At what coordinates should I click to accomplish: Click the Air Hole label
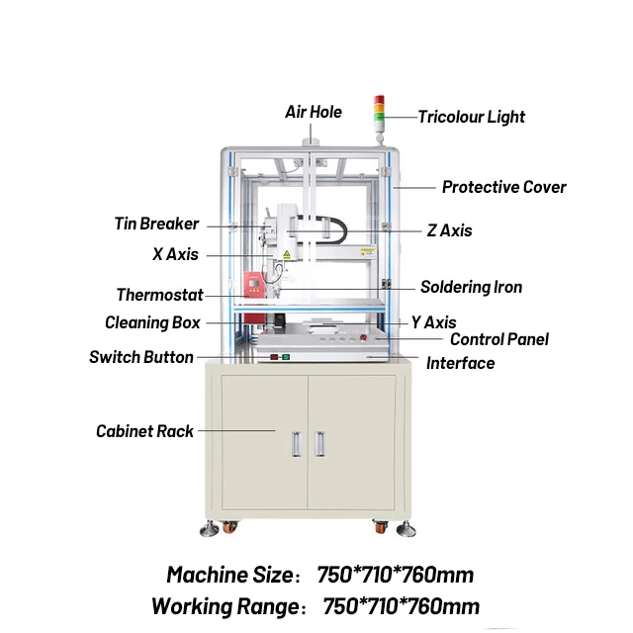pyautogui.click(x=314, y=112)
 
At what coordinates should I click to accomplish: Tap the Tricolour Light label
pyautogui.click(x=471, y=117)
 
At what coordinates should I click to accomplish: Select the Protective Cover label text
pyautogui.click(x=503, y=187)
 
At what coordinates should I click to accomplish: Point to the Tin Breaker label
pyautogui.click(x=156, y=224)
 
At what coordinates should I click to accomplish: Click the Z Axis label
pyautogui.click(x=449, y=230)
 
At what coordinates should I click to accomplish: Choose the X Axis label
pyautogui.click(x=175, y=254)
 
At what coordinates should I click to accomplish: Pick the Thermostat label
pyautogui.click(x=159, y=295)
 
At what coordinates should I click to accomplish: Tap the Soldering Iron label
pyautogui.click(x=471, y=287)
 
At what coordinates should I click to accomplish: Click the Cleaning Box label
pyautogui.click(x=152, y=322)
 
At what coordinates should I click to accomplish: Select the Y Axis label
pyautogui.click(x=433, y=322)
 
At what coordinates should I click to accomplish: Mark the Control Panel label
pyautogui.click(x=498, y=339)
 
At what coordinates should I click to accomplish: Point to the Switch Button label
pyautogui.click(x=141, y=357)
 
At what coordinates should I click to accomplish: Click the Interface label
pyautogui.click(x=460, y=363)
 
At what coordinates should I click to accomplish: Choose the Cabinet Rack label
pyautogui.click(x=144, y=431)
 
